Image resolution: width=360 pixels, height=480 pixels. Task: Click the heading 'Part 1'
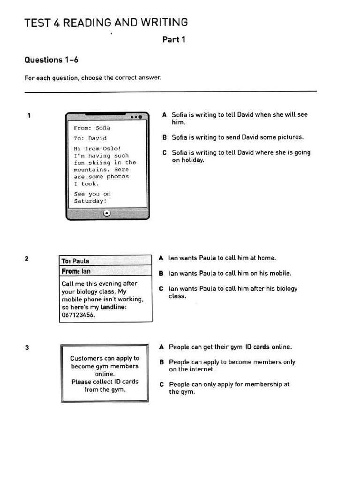pyautogui.click(x=173, y=40)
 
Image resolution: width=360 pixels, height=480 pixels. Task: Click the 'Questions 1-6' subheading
pyautogui.click(x=51, y=60)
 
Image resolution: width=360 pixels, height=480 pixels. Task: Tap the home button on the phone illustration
pyautogui.click(x=107, y=213)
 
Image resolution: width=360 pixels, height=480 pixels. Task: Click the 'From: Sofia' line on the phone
pyautogui.click(x=92, y=128)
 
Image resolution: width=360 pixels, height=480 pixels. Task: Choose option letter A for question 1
pyautogui.click(x=165, y=115)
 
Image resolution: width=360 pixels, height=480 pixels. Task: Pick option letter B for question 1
pyautogui.click(x=165, y=137)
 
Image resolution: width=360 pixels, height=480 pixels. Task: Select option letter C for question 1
pyautogui.click(x=165, y=153)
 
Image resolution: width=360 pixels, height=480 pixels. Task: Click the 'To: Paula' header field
pyautogui.click(x=75, y=261)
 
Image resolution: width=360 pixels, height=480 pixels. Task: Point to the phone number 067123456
pyautogui.click(x=78, y=315)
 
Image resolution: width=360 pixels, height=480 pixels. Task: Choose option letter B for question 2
pyautogui.click(x=161, y=273)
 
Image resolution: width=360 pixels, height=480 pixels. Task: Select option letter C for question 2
pyautogui.click(x=161, y=289)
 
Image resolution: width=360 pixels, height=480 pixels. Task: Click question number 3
pyautogui.click(x=27, y=347)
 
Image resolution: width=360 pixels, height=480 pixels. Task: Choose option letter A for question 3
pyautogui.click(x=161, y=347)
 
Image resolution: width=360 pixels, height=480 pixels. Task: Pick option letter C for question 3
pyautogui.click(x=161, y=384)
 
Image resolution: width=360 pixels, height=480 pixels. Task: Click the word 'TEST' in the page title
pyautogui.click(x=37, y=22)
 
